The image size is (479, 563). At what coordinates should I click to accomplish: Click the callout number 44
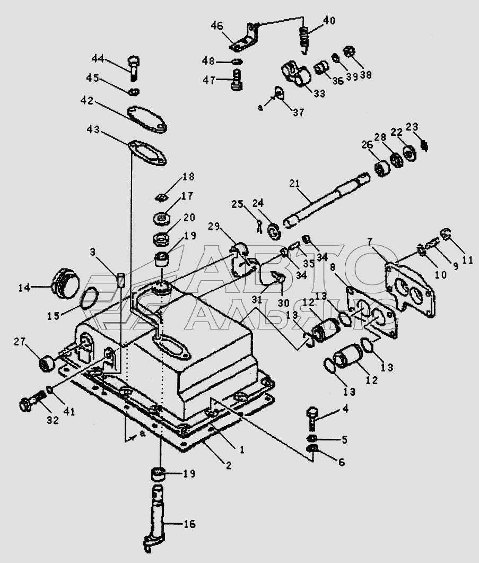coord(98,58)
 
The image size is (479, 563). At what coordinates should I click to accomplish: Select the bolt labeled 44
coord(134,68)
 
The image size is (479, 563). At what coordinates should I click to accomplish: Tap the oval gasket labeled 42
coord(147,118)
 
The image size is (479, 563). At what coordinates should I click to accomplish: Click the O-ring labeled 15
coord(88,298)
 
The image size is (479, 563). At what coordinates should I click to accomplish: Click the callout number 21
coord(294,184)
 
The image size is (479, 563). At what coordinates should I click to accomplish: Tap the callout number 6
coord(341,462)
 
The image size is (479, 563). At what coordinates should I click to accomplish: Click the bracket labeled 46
coord(245,37)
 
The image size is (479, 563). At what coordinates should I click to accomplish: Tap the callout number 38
coord(366,75)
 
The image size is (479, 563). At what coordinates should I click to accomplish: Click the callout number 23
coord(412,127)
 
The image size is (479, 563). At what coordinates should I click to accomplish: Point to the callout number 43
coord(93,129)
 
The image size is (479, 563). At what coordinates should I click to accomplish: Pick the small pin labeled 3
coord(120,279)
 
